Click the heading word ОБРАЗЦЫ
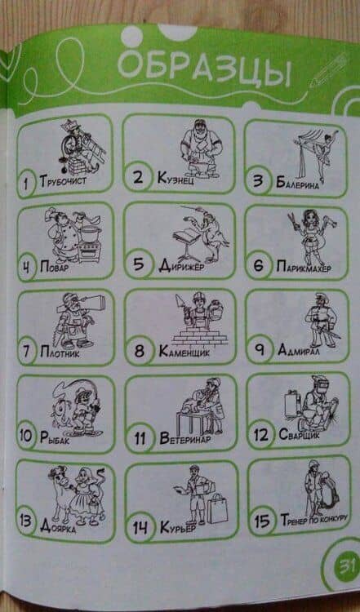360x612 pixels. coord(204,69)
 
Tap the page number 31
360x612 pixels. coord(345,565)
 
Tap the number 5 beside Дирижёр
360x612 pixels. coord(139,264)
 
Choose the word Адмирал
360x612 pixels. coord(299,350)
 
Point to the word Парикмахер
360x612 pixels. coord(304,268)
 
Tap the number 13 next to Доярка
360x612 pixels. coord(26,522)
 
